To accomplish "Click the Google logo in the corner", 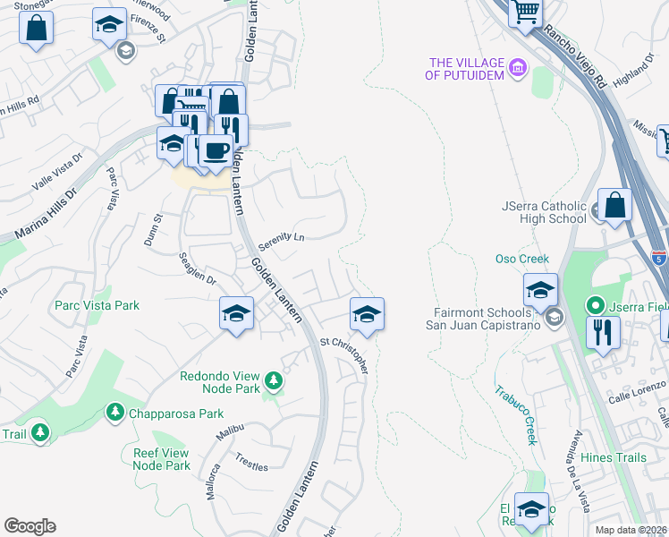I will pos(30,526).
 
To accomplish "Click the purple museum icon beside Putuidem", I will pos(517,68).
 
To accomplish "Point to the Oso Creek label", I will pos(521,260).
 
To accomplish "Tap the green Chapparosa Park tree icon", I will pos(114,412).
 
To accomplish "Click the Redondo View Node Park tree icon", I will pos(274,383).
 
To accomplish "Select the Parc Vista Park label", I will pos(97,305).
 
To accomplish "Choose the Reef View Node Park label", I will pos(162,459).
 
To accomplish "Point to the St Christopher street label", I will pos(344,354).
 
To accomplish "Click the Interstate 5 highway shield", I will pos(659,257).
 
